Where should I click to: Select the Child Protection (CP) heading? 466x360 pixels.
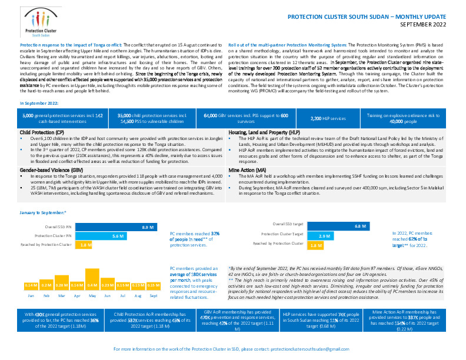point(40,133)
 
